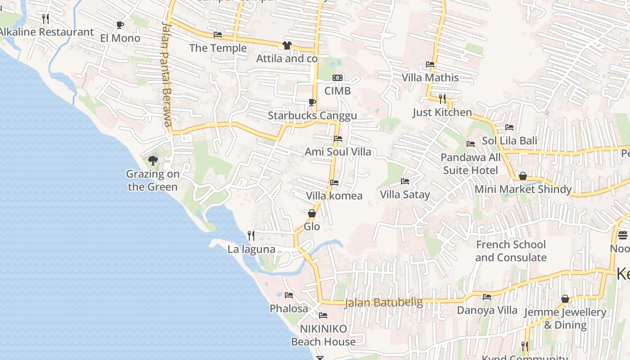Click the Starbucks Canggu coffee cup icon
[312, 103]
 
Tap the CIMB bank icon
[337, 78]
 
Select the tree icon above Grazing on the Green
[153, 161]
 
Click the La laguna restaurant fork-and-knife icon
[251, 235]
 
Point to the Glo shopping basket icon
[311, 213]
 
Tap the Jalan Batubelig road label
[384, 302]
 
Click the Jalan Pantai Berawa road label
[166, 74]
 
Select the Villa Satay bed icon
[405, 181]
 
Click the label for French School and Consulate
[511, 251]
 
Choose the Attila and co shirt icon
[287, 45]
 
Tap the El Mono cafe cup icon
[120, 25]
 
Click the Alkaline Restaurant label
[47, 32]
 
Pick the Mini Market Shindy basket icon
[523, 176]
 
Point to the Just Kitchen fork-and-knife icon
[442, 99]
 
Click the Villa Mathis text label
[430, 77]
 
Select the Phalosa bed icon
[289, 295]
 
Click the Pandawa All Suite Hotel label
[470, 164]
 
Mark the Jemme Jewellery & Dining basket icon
[565, 299]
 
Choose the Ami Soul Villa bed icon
[338, 139]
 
